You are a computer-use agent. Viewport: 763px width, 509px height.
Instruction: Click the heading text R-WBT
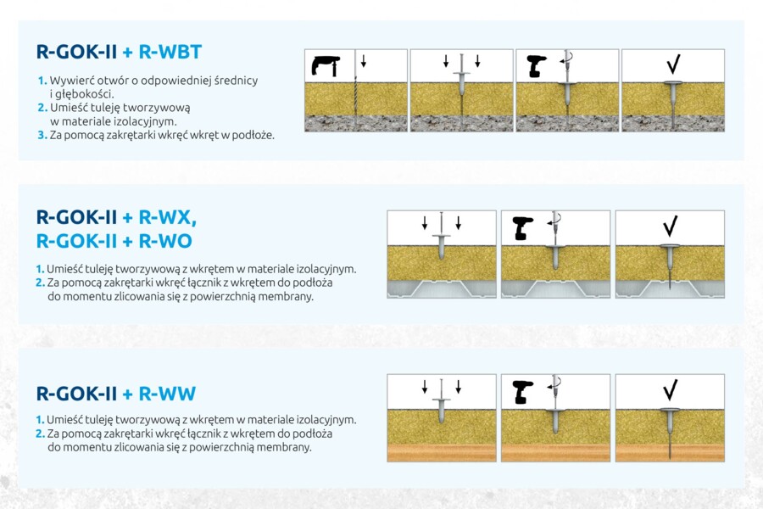pyautogui.click(x=170, y=52)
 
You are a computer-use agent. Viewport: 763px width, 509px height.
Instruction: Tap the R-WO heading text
pyautogui.click(x=165, y=241)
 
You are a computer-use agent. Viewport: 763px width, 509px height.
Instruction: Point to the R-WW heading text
pyautogui.click(x=167, y=394)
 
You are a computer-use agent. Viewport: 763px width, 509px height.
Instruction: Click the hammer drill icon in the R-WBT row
pyautogui.click(x=326, y=66)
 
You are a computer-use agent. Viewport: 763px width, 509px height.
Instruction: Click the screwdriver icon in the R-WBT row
pyautogui.click(x=537, y=66)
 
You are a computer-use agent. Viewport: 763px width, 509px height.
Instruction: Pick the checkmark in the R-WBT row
pyautogui.click(x=673, y=64)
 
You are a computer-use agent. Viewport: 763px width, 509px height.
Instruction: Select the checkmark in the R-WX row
pyautogui.click(x=670, y=226)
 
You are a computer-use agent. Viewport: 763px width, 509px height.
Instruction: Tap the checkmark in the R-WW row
pyautogui.click(x=670, y=389)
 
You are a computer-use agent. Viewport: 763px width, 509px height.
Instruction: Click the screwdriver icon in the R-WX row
pyautogui.click(x=523, y=228)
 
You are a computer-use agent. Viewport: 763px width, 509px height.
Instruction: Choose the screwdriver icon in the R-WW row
pyautogui.click(x=523, y=392)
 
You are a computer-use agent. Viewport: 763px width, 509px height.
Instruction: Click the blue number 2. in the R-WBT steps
pyautogui.click(x=42, y=108)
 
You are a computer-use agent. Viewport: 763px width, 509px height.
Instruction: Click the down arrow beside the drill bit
pyautogui.click(x=364, y=61)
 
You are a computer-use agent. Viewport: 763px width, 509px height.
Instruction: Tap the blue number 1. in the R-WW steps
pyautogui.click(x=40, y=419)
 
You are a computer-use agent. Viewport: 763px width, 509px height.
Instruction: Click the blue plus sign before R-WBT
pyautogui.click(x=127, y=52)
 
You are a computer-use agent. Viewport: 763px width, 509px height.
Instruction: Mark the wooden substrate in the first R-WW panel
pyautogui.click(x=442, y=453)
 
